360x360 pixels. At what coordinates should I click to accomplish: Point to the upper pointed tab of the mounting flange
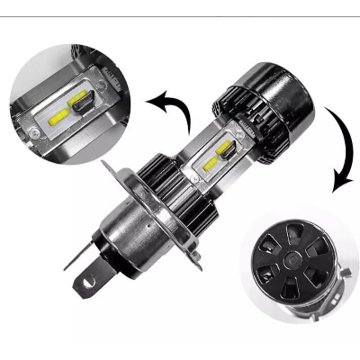click(110, 166)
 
